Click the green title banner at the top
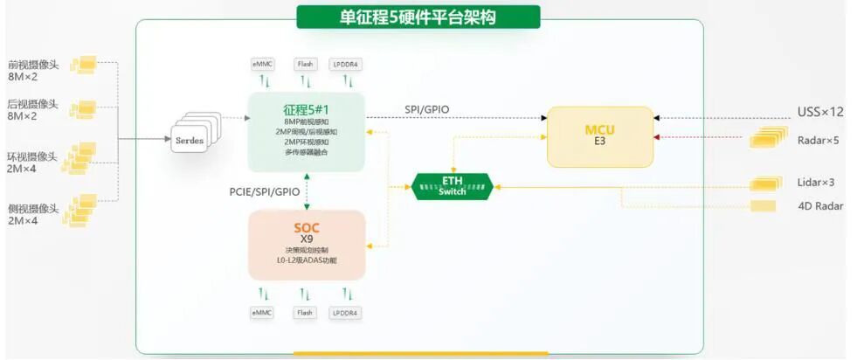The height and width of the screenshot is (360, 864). pyautogui.click(x=418, y=17)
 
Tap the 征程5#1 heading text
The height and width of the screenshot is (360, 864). pyautogui.click(x=306, y=110)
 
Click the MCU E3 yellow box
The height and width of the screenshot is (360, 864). pyautogui.click(x=599, y=136)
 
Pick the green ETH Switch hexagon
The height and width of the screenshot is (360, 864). pyautogui.click(x=452, y=185)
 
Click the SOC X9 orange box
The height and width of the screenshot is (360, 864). pyautogui.click(x=306, y=244)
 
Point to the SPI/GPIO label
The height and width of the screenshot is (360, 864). pyautogui.click(x=426, y=109)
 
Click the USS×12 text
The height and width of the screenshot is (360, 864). pyautogui.click(x=820, y=112)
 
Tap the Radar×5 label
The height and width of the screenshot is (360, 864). pyautogui.click(x=818, y=140)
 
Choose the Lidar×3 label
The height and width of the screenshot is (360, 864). pyautogui.click(x=816, y=183)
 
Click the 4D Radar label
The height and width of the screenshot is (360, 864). pyautogui.click(x=819, y=206)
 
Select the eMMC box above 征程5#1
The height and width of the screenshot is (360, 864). pyautogui.click(x=261, y=64)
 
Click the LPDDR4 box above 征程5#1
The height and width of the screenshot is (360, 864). pyautogui.click(x=346, y=64)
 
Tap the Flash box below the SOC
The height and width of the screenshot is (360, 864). pyautogui.click(x=304, y=313)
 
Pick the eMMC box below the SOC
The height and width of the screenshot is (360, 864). pyautogui.click(x=261, y=313)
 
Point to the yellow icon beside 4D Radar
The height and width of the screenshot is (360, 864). pyautogui.click(x=763, y=206)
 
